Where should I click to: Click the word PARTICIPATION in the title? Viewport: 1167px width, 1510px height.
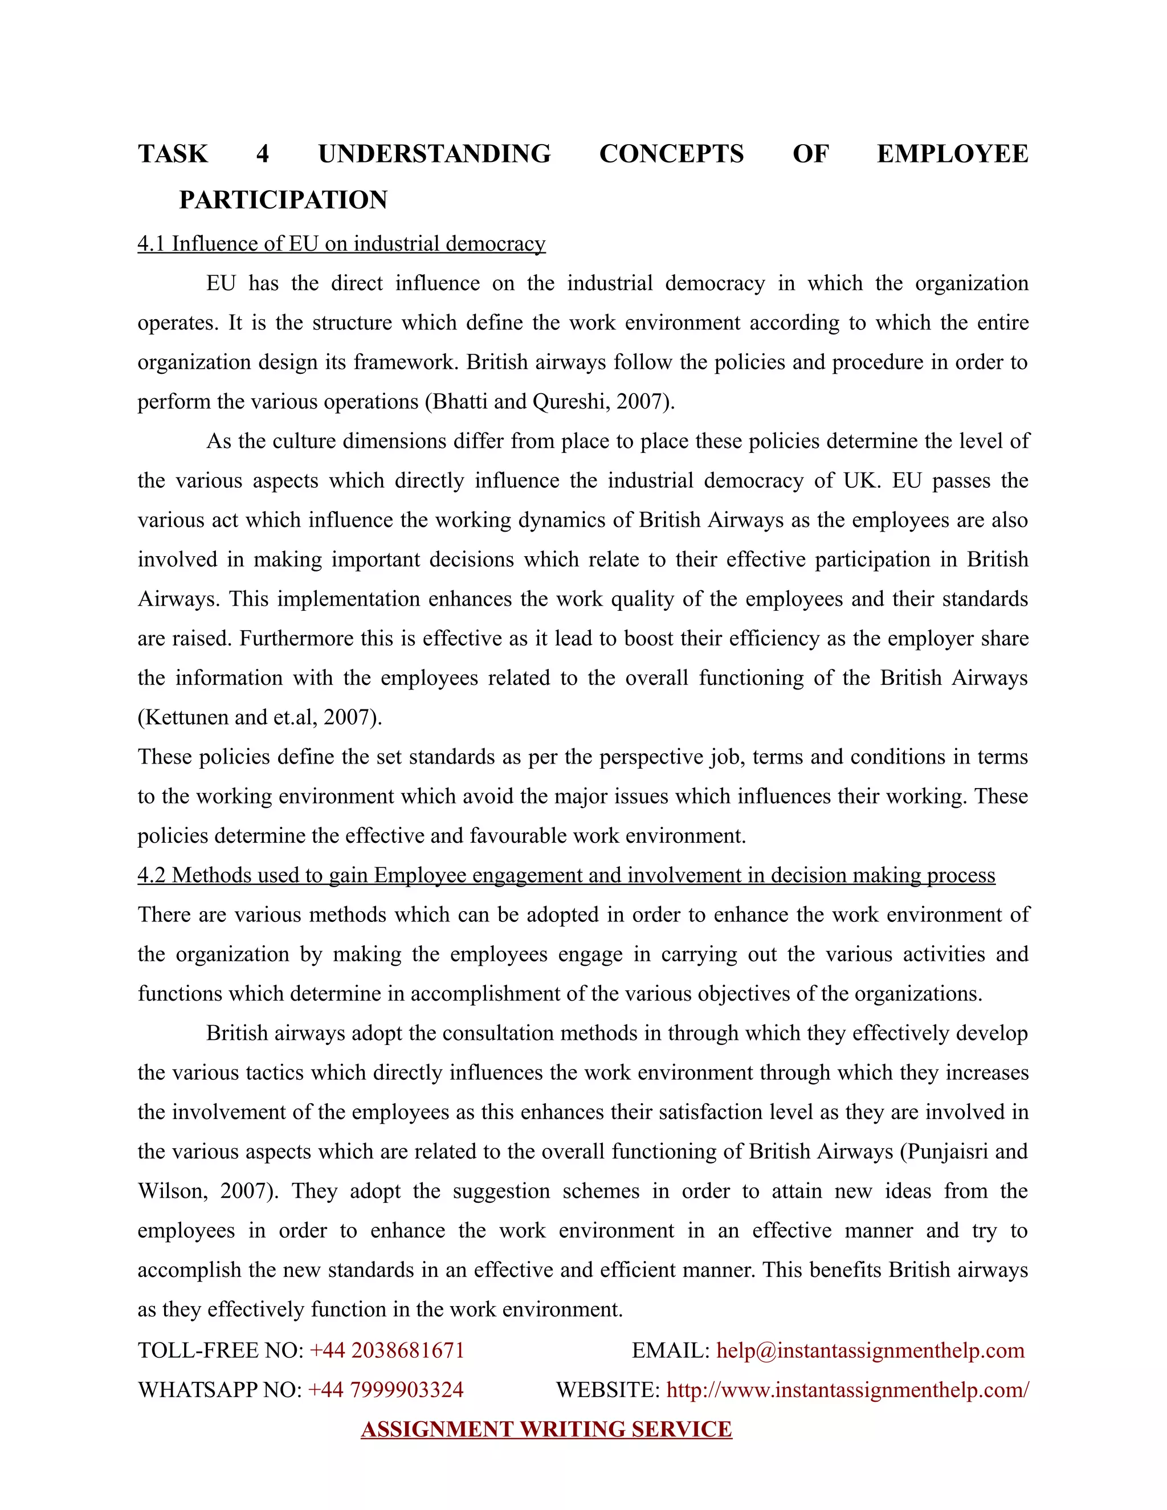(x=283, y=200)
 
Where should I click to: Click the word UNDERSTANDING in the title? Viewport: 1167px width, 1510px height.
(x=434, y=153)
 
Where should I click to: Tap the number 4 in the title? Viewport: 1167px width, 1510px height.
(x=262, y=153)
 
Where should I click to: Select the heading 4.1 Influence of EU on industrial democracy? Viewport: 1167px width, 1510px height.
(x=341, y=244)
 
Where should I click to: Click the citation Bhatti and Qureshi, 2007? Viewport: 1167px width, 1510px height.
(x=550, y=402)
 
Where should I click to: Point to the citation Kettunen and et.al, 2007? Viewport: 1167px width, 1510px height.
(x=259, y=717)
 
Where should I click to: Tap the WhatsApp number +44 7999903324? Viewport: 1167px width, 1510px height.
(x=385, y=1389)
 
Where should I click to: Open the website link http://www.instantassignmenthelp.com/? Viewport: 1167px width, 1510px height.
(x=847, y=1389)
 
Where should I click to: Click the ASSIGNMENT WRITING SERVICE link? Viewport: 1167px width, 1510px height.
(x=546, y=1429)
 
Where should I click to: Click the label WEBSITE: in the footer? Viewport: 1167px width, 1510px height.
(x=607, y=1389)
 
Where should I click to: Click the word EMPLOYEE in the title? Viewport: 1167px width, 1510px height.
(x=952, y=153)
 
